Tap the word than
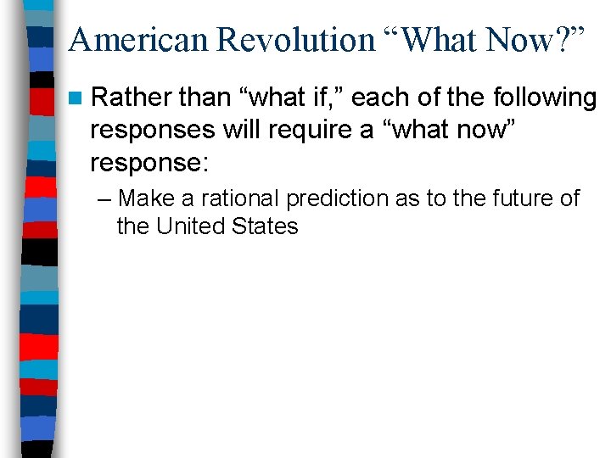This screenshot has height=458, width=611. pyautogui.click(x=202, y=99)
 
